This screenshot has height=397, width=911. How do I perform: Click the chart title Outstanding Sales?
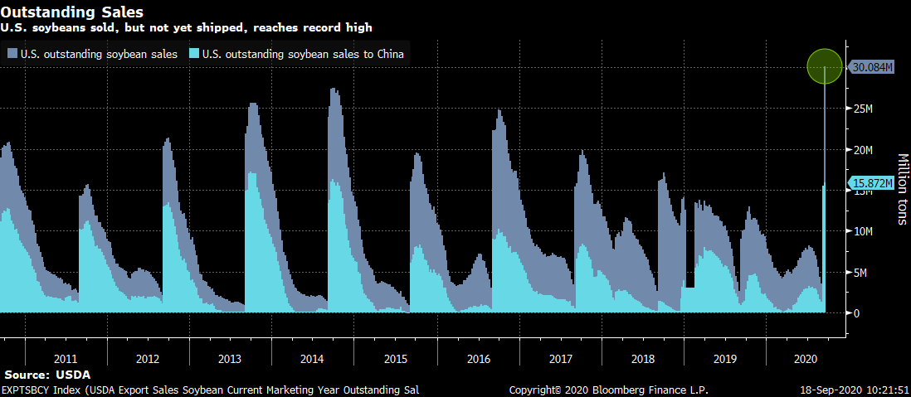click(72, 12)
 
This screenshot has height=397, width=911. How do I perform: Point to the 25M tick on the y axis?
click(863, 109)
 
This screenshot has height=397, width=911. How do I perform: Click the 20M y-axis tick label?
click(863, 150)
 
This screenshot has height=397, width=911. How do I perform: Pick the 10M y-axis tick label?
click(863, 231)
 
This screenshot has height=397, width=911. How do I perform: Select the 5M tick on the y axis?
click(860, 273)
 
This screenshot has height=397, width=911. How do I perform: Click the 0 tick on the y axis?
click(856, 313)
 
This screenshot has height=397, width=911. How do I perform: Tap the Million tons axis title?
click(902, 190)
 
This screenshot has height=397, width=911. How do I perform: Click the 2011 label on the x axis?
click(66, 360)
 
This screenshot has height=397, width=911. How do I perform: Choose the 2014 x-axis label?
click(312, 360)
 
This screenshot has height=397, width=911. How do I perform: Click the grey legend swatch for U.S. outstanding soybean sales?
click(12, 55)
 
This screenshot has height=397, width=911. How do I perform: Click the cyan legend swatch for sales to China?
click(194, 55)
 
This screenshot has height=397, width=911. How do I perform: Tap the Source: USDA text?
click(46, 375)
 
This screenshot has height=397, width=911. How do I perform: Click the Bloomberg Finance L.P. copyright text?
click(608, 390)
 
